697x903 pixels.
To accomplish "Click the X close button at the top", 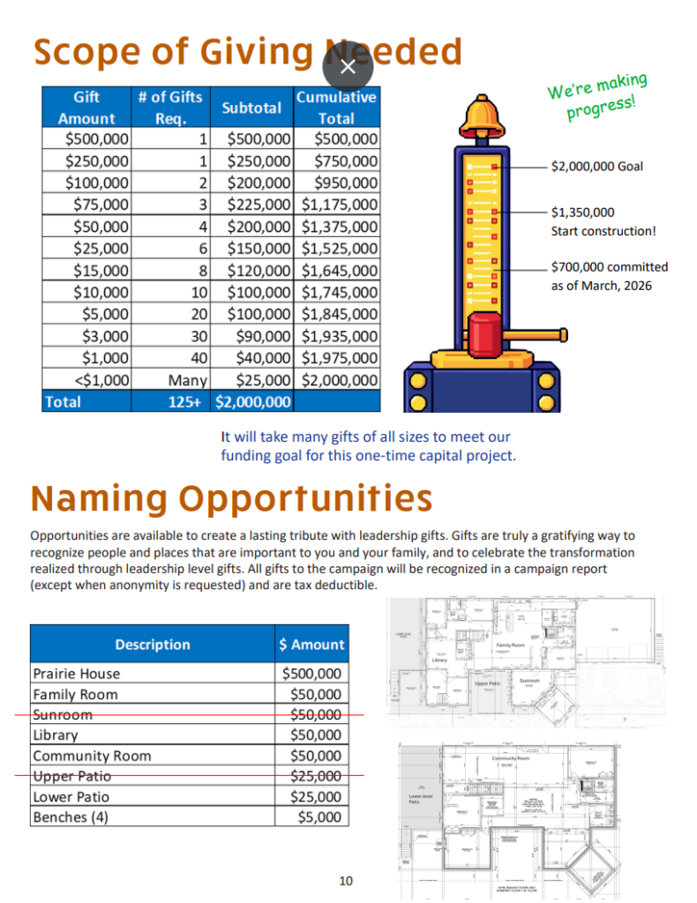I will (348, 66).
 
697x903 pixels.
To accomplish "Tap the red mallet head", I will (482, 333).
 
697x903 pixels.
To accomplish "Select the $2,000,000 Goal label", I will (596, 166).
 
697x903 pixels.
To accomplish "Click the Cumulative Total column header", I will (336, 108).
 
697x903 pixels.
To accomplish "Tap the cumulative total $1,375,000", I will (340, 227).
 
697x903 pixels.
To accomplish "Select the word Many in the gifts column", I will (188, 380).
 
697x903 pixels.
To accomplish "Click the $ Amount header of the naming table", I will (311, 645).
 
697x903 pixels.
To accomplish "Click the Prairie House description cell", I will (77, 674).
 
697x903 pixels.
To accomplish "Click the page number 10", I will (346, 881).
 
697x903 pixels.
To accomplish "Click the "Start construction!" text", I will (603, 231).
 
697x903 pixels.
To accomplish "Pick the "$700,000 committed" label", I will (610, 267).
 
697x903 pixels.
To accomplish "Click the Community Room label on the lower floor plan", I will (511, 758).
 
